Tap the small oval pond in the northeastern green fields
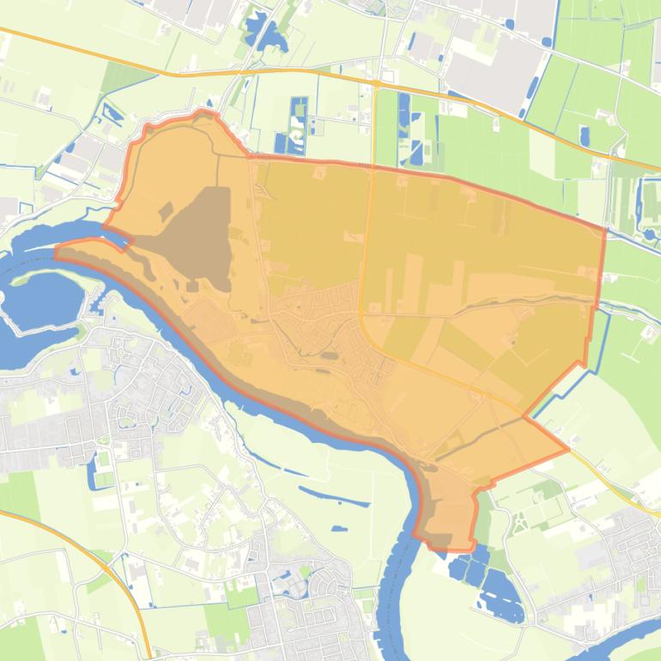click(585, 136)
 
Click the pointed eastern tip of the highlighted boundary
click(567, 448)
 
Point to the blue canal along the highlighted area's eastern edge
click(597, 343)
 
